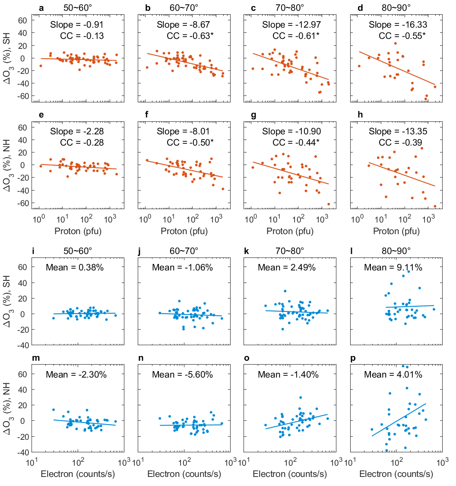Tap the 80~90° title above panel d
(x=396, y=8)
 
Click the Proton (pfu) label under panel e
(x=78, y=231)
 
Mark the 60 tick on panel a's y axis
(x=23, y=20)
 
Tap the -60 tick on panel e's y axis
(x=21, y=203)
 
